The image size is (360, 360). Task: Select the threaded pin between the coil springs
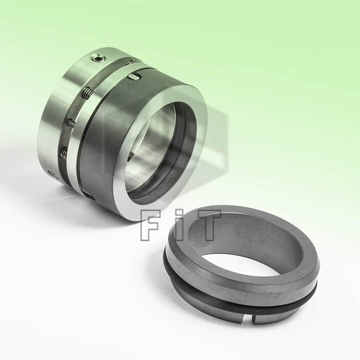coord(71,122)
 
